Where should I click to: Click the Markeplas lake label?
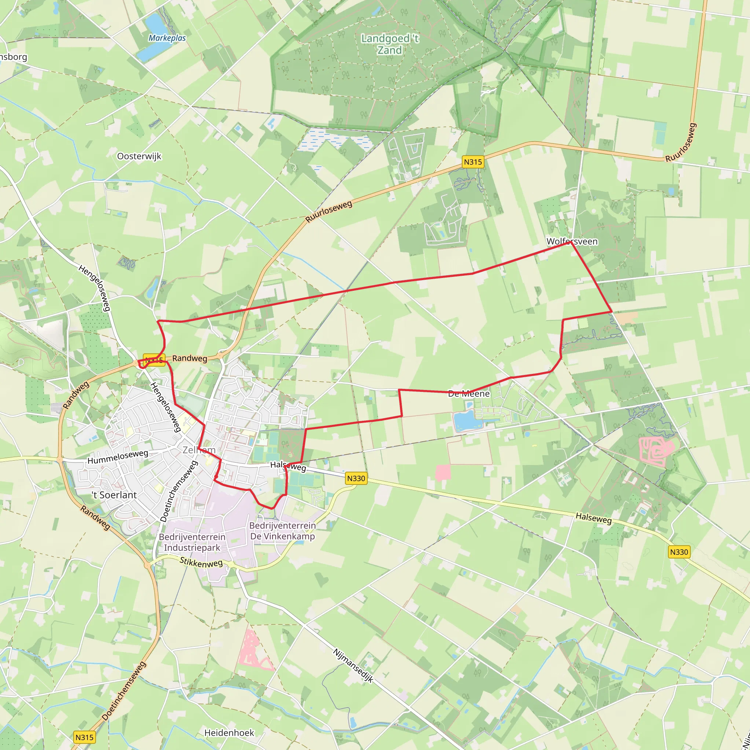point(167,38)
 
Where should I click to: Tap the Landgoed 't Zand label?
point(390,44)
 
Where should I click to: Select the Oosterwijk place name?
point(139,156)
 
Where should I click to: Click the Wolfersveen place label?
point(572,241)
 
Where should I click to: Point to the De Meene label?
point(468,394)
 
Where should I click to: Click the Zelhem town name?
point(199,450)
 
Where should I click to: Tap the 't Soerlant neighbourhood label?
point(114,495)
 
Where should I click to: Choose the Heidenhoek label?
point(229,732)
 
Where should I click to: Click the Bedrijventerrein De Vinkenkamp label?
point(282,531)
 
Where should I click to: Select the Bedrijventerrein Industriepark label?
point(192,542)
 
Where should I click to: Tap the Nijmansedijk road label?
point(353,666)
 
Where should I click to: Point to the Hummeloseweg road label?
point(118,457)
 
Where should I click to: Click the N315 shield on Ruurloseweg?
point(473,162)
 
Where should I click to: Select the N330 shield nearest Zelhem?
point(356,478)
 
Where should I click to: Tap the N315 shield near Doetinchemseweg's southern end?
point(84,737)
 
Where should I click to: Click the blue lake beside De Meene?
point(466,421)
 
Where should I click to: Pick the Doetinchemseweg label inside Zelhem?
point(179,491)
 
